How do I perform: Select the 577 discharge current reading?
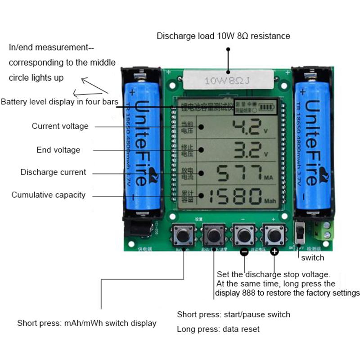[238, 173]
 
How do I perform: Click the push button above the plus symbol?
[274, 235]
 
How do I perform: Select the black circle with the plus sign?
[274, 252]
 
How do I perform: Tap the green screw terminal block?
[327, 229]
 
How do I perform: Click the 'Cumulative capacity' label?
[48, 195]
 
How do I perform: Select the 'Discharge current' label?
[53, 172]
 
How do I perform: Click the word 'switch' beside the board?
[312, 258]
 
